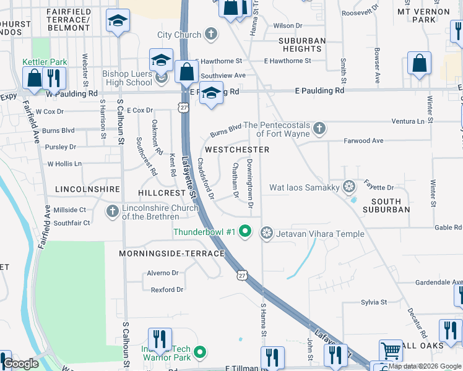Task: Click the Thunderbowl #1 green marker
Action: coord(245,232)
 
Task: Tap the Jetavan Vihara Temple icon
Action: coord(267,232)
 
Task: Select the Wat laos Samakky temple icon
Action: coord(349,187)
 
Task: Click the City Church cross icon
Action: coord(210,35)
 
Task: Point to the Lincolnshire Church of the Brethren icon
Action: coord(113,211)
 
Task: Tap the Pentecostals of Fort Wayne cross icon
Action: coord(319,129)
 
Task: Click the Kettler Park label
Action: coord(45,62)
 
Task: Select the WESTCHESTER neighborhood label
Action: coord(237,150)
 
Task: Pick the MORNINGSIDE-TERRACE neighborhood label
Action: coord(172,254)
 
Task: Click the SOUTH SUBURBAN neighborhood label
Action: coord(391,205)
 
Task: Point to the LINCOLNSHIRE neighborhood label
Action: coord(87,188)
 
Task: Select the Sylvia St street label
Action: coord(374,302)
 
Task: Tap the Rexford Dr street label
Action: coord(168,289)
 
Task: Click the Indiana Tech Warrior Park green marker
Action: coord(199,353)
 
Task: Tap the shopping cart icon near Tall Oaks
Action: coord(390,351)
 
